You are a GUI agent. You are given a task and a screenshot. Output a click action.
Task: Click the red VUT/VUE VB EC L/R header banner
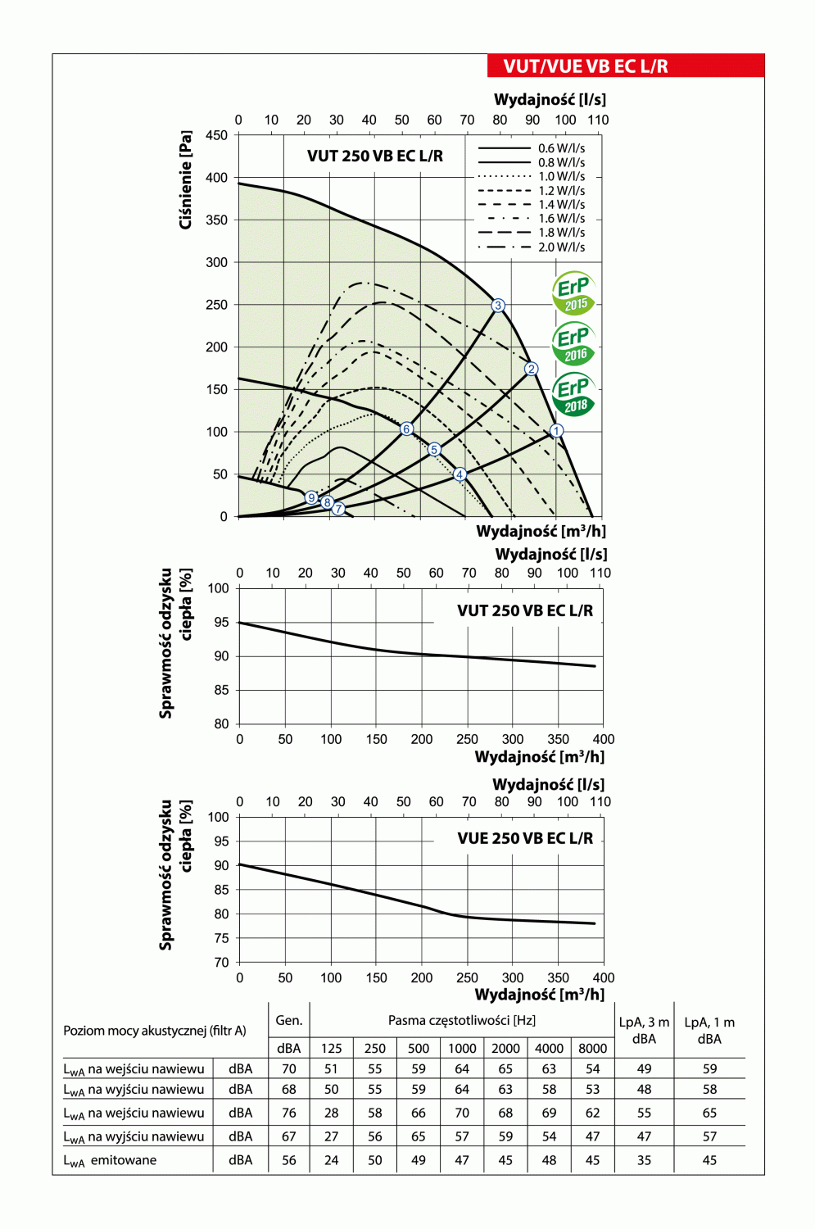(625, 66)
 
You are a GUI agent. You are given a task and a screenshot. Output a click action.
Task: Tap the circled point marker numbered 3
(498, 306)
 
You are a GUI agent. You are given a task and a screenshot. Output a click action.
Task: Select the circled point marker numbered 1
(556, 431)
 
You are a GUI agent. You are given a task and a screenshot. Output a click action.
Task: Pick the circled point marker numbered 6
(406, 429)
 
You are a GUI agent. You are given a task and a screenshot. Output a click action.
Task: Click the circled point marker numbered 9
(311, 498)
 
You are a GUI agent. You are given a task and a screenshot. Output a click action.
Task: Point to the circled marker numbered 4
(460, 474)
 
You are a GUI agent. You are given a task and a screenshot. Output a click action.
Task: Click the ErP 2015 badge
(574, 293)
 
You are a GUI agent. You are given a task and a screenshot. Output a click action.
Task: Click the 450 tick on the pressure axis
(217, 135)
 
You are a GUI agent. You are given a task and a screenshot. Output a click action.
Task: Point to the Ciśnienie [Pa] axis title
(186, 179)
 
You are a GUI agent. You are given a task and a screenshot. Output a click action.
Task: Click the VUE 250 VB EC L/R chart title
(525, 838)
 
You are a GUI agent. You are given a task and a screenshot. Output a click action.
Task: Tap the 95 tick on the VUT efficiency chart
(221, 622)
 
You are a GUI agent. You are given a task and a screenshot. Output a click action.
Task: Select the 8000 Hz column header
(592, 1048)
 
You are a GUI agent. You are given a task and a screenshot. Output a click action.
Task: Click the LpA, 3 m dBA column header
(644, 1030)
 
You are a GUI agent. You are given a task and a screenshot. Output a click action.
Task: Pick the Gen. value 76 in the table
(289, 1113)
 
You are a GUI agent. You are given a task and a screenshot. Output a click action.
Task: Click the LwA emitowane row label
(110, 1160)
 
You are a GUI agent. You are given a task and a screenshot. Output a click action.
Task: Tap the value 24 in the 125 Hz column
(331, 1160)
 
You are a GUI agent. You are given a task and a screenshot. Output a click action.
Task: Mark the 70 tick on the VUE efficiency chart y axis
(221, 963)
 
